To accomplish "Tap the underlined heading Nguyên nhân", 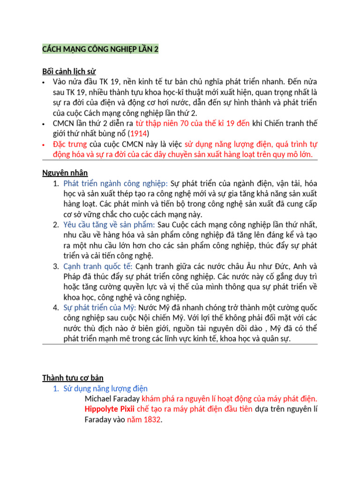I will (62, 173).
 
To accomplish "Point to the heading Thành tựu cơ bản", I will (73, 377).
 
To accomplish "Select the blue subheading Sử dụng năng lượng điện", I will (105, 388).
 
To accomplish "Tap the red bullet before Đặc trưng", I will (43, 144).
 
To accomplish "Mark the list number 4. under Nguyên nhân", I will (56, 307).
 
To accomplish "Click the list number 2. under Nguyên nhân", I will (56, 225).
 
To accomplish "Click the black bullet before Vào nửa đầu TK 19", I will (43, 82).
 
